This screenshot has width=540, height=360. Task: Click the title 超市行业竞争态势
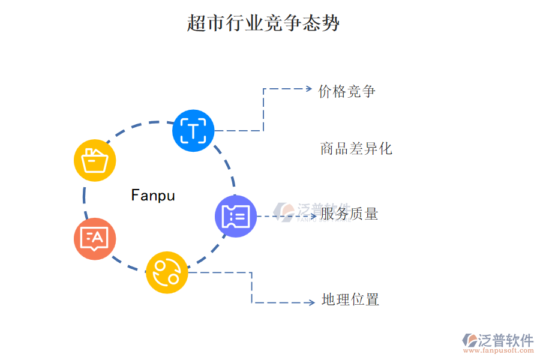[263, 23]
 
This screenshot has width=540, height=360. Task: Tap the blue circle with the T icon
[193, 130]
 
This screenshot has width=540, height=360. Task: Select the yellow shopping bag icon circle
[95, 161]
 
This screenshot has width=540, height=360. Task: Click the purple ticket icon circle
[236, 216]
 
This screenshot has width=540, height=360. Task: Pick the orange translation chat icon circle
[95, 239]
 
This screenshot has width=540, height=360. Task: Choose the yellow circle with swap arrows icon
[167, 272]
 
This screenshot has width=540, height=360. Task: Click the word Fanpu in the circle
[153, 196]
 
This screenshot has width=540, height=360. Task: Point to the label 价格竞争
[347, 91]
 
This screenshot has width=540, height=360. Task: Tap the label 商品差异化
[356, 148]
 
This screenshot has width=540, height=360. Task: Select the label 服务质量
[349, 214]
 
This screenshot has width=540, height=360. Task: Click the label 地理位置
[350, 299]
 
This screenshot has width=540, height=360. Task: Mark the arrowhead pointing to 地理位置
[311, 302]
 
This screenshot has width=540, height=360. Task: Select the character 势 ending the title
[331, 23]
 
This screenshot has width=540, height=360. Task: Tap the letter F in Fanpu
[135, 196]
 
